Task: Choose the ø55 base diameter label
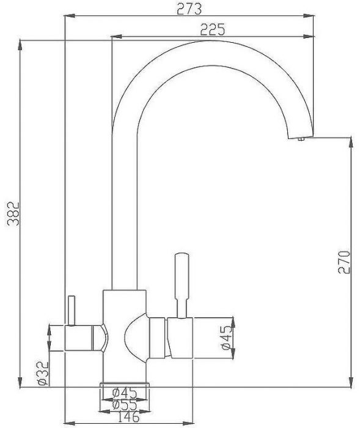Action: (124, 404)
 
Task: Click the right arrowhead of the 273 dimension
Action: (312, 18)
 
